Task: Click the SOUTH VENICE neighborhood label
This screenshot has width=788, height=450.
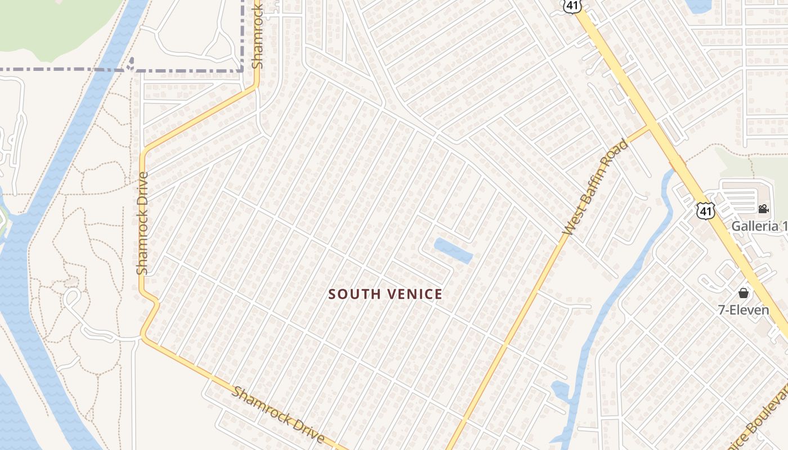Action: pos(386,294)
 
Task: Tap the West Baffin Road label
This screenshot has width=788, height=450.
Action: pos(596,187)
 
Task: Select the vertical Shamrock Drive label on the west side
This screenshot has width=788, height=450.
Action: pos(142,223)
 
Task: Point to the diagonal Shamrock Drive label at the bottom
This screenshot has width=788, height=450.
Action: pos(278,415)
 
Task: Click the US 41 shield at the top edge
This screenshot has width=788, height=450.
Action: pos(572,6)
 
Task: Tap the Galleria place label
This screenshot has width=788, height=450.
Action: pos(759,226)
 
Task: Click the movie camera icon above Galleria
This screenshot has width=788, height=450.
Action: pos(763,209)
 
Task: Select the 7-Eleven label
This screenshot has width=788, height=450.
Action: pos(743,309)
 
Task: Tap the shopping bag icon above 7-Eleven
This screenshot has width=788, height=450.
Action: pos(744,293)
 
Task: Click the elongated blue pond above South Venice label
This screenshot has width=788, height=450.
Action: pos(453,250)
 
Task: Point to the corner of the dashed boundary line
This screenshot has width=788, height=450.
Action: pos(243,71)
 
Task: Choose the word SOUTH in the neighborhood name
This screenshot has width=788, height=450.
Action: pos(348,294)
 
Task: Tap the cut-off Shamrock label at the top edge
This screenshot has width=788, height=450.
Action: pos(257,34)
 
